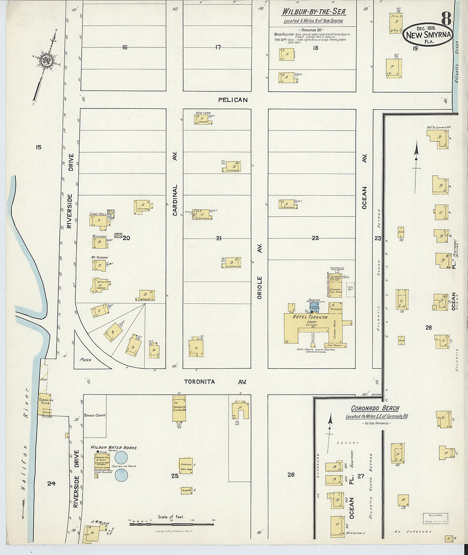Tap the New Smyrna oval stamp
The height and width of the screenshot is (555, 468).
428,34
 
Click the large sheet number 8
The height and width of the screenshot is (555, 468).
446,18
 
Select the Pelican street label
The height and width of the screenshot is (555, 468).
233,100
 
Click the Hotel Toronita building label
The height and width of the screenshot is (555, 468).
310,317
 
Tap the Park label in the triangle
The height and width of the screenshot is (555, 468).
86,360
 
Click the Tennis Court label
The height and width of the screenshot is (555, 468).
94,416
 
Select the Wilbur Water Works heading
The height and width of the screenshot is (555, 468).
114,447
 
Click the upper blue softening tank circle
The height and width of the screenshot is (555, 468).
121,458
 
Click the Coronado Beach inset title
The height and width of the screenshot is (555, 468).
375,408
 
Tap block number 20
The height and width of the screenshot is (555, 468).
126,238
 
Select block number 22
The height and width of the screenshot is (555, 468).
315,238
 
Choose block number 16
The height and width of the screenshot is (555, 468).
124,47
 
